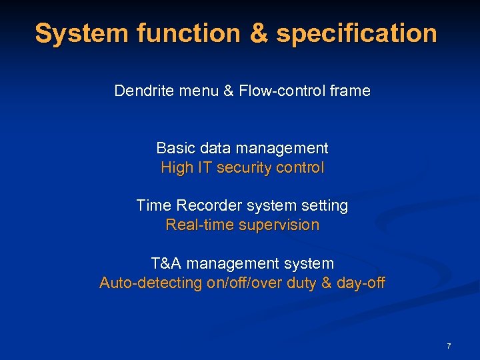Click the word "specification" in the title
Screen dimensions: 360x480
[357, 33]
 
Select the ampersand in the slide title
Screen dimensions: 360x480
[257, 33]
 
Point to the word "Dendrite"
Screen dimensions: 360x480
[145, 91]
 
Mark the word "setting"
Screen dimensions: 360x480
[325, 205]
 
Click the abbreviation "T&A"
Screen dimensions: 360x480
[167, 263]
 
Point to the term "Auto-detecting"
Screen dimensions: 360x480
[151, 283]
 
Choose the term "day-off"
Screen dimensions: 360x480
[361, 283]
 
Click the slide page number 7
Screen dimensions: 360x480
[449, 346]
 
